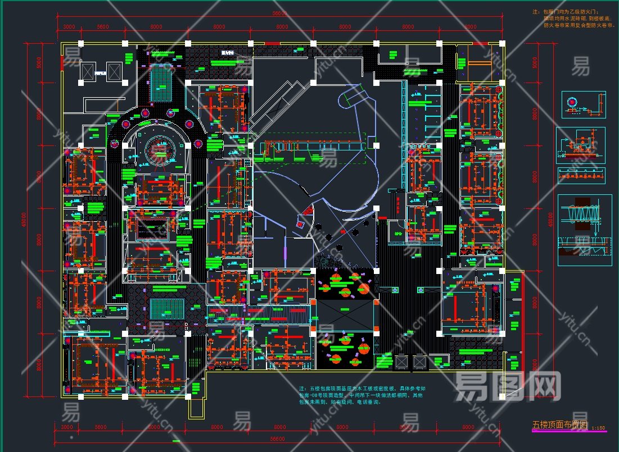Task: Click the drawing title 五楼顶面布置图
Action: pyautogui.click(x=559, y=425)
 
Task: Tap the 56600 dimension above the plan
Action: pyautogui.click(x=279, y=13)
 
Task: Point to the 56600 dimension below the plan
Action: pyautogui.click(x=278, y=439)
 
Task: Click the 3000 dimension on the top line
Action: pyautogui.click(x=69, y=26)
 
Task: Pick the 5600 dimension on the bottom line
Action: pyautogui.click(x=102, y=427)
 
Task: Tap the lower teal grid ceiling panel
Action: pyautogui.click(x=167, y=309)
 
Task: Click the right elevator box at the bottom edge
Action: pyautogui.click(x=420, y=363)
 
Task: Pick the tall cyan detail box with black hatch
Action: pyautogui.click(x=585, y=230)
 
